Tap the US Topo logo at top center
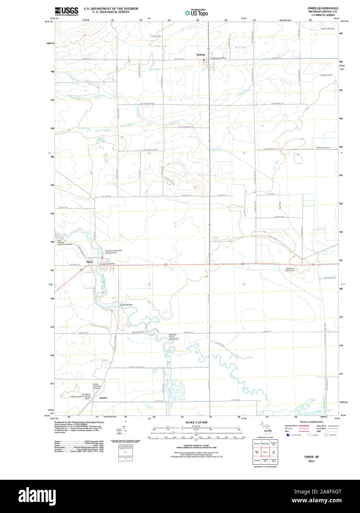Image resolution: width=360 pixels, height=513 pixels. (x=197, y=13)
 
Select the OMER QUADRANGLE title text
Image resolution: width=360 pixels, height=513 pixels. (x=323, y=8)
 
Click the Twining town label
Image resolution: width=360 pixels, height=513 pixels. (x=200, y=55)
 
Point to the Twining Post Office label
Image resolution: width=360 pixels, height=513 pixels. (x=218, y=58)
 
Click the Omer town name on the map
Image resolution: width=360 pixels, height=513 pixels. (x=89, y=262)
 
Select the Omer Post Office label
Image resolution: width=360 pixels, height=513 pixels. (x=108, y=264)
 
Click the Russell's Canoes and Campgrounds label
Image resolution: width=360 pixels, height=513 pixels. (x=113, y=252)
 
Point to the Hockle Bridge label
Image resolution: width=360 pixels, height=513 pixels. (x=126, y=304)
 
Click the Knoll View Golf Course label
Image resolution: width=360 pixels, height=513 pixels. (x=290, y=269)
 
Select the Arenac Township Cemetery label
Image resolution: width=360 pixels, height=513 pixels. (x=97, y=386)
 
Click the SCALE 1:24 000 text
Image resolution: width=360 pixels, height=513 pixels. (x=197, y=422)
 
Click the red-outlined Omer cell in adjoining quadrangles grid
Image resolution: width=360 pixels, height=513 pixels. (x=265, y=452)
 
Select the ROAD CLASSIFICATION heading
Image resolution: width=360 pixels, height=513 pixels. (x=311, y=422)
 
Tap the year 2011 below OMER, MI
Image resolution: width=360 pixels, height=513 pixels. (x=311, y=461)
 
